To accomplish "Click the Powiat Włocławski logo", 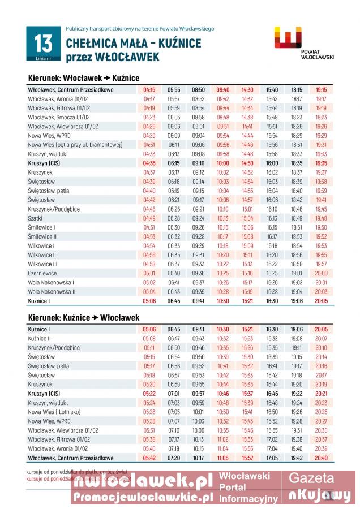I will [x=294, y=42].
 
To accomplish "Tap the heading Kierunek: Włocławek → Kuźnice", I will [x=83, y=78].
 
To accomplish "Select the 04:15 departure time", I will [x=149, y=89].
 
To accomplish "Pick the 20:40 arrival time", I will [x=321, y=458].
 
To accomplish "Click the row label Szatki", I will [x=35, y=218].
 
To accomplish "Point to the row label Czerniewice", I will [x=42, y=273].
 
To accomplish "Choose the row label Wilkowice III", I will [x=43, y=264].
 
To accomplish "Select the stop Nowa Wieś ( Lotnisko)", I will [x=54, y=412].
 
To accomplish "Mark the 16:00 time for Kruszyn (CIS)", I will [x=272, y=163].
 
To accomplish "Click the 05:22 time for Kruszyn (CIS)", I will [x=149, y=393].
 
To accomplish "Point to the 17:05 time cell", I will [x=272, y=458].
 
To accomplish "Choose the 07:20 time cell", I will [x=173, y=458].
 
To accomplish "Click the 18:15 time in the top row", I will [x=297, y=89].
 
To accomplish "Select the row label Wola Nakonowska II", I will [x=52, y=291].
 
